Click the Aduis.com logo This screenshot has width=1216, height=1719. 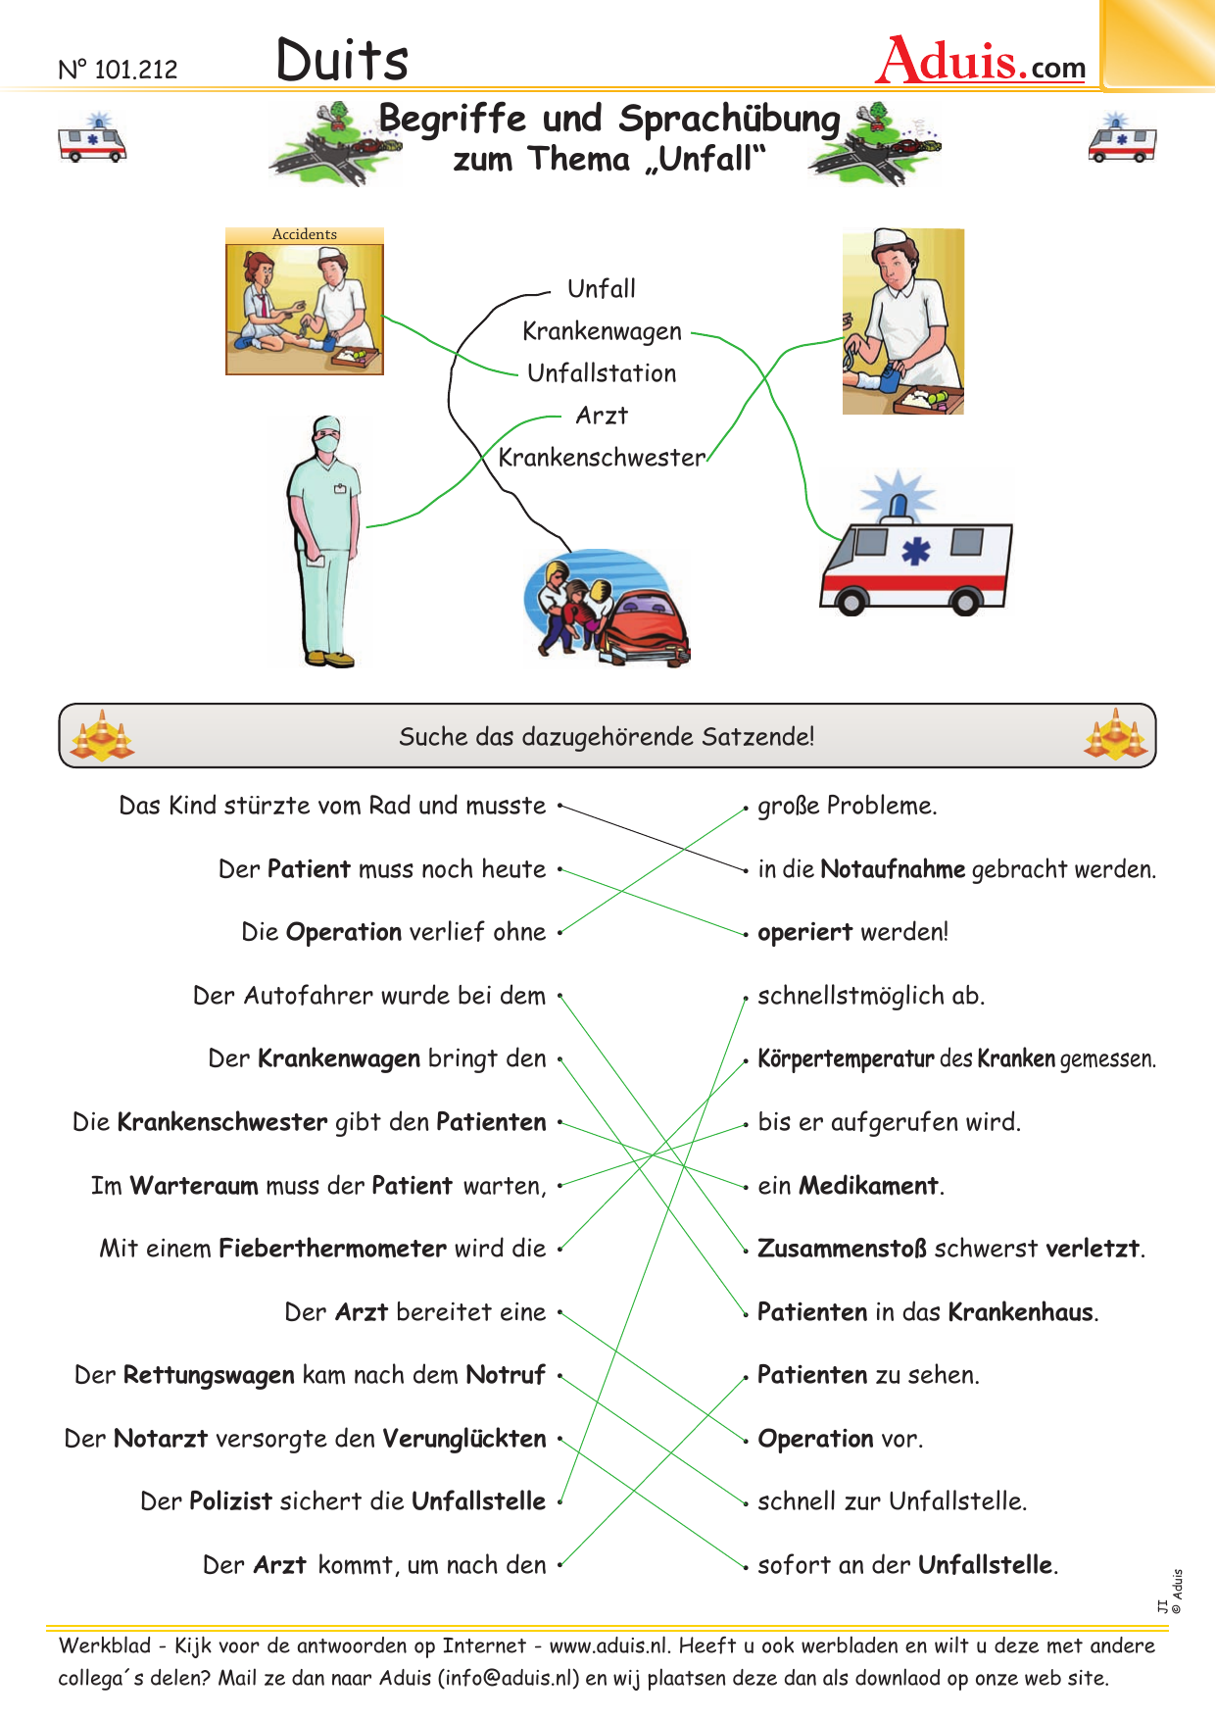click(981, 61)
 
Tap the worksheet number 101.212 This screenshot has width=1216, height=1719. click(119, 70)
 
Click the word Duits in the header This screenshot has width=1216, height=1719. click(342, 60)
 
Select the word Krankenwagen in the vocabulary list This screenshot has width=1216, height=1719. click(602, 331)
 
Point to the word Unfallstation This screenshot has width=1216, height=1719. click(602, 373)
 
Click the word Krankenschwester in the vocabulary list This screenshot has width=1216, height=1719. click(602, 458)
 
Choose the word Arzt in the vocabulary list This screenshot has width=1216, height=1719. click(602, 416)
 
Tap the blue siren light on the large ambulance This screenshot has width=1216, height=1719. click(898, 496)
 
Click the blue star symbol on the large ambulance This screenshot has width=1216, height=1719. click(915, 552)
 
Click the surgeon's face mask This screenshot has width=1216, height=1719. click(327, 443)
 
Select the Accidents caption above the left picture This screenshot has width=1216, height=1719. click(305, 235)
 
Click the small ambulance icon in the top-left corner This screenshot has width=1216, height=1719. click(92, 138)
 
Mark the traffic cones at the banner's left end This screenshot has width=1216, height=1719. click(102, 736)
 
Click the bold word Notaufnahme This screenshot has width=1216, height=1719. click(893, 869)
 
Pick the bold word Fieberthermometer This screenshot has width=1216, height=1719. click(333, 1249)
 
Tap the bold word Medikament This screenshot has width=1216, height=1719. click(869, 1186)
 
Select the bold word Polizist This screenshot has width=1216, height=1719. click(230, 1501)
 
